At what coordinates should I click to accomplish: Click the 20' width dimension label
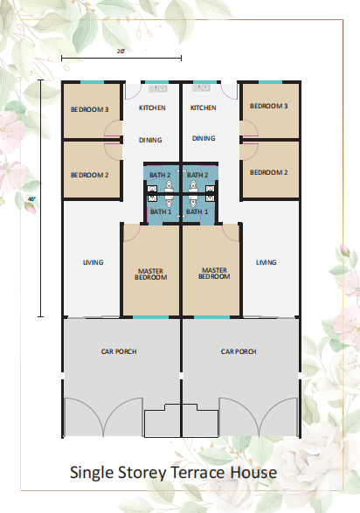click(121, 51)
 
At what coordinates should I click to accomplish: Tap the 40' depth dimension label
click(31, 199)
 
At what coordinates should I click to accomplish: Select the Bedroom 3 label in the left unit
click(90, 109)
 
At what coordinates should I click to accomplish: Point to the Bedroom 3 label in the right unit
click(269, 106)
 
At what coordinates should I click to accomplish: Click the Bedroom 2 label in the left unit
click(90, 175)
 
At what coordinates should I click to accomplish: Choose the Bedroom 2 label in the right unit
click(269, 172)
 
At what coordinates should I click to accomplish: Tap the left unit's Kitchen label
click(152, 107)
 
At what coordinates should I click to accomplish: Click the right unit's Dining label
click(204, 138)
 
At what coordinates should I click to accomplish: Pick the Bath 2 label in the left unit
click(160, 175)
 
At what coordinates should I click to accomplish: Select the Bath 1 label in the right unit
click(197, 211)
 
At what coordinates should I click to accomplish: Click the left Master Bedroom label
click(151, 274)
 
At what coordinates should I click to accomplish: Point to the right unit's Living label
click(267, 262)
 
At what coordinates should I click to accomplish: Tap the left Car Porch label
click(119, 351)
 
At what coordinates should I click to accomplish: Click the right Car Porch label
click(239, 351)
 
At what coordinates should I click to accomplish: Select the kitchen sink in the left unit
click(158, 88)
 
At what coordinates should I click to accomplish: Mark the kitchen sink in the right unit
click(201, 88)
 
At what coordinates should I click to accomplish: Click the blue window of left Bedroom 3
click(93, 82)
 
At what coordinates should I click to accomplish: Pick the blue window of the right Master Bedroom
click(211, 317)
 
